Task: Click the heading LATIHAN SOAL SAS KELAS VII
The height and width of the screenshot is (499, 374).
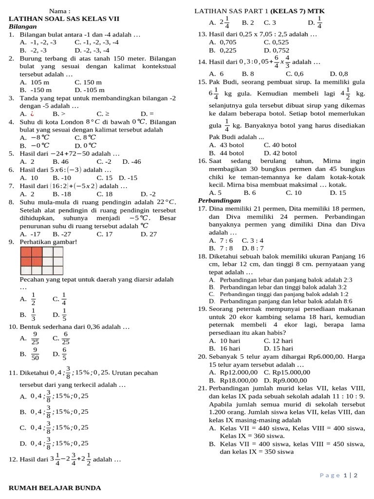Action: pos(64,19)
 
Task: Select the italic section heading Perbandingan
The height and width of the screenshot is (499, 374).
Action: pos(219,200)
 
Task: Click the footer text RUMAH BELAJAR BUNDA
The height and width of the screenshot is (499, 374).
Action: pos(55,487)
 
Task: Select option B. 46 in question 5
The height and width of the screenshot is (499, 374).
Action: pos(60,161)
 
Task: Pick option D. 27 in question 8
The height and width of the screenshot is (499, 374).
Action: pos(149,234)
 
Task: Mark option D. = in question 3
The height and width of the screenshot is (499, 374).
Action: pos(147,114)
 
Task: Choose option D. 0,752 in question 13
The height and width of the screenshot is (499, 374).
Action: pos(276,50)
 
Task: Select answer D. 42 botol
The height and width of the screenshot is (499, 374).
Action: pos(280,153)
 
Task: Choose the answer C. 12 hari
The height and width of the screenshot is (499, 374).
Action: pos(278,341)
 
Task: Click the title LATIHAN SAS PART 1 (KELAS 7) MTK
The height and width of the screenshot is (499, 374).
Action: pos(260,11)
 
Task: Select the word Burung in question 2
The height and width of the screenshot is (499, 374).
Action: pos(31,58)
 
